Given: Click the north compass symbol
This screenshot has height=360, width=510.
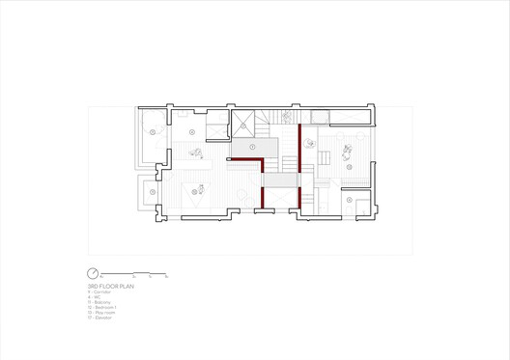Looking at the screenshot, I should (x=93, y=274).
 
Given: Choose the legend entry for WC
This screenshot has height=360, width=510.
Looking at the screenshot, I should (x=97, y=298).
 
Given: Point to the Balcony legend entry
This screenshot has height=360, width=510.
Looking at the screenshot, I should (x=101, y=303).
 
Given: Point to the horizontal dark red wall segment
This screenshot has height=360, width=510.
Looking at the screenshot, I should (x=245, y=160).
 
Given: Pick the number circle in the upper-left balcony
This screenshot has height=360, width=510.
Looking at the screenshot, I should (x=152, y=131).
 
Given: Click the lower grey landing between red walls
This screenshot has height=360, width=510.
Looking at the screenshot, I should (x=280, y=181).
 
